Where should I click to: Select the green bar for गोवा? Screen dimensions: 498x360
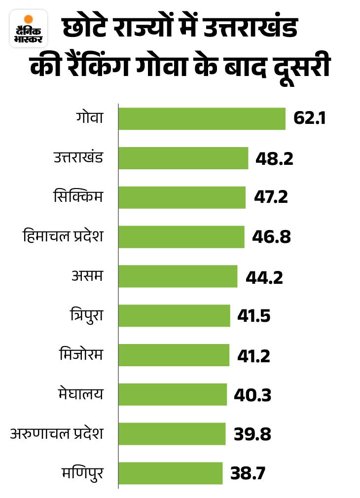pyautogui.click(x=202, y=119)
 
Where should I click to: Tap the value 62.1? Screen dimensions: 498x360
pyautogui.click(x=309, y=119)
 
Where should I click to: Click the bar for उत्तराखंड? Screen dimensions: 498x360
pyautogui.click(x=183, y=158)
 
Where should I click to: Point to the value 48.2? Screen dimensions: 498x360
pyautogui.click(x=274, y=158)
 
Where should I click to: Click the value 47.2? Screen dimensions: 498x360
pyautogui.click(x=271, y=198)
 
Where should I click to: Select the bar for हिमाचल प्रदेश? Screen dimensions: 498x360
pyautogui.click(x=181, y=237)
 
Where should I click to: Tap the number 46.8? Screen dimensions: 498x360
pyautogui.click(x=271, y=237)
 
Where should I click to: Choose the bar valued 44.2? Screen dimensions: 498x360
pyautogui.click(x=178, y=276)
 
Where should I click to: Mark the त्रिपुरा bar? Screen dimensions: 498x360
pyautogui.click(x=174, y=316)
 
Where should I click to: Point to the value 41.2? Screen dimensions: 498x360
pyautogui.click(x=253, y=355)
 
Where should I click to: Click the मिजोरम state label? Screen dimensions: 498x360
pyautogui.click(x=80, y=355)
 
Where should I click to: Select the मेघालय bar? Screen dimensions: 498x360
pyautogui.click(x=172, y=394)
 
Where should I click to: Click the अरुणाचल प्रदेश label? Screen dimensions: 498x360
pyautogui.click(x=57, y=434)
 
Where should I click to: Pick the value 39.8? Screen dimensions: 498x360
pyautogui.click(x=252, y=434)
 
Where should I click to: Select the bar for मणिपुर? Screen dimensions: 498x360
pyautogui.click(x=170, y=473)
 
